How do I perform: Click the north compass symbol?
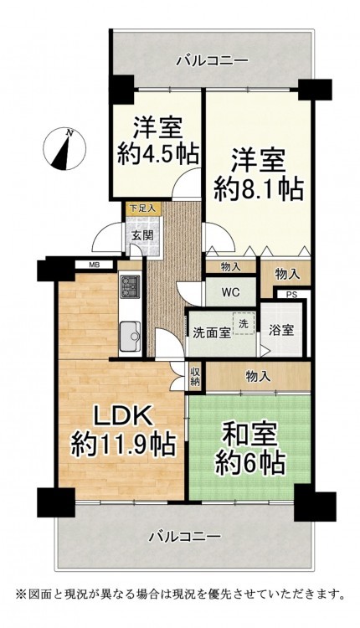point(64,149)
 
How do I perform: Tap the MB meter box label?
point(95,265)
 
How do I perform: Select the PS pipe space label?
point(291,295)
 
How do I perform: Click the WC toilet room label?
point(231,292)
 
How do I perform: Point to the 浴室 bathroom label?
point(281,331)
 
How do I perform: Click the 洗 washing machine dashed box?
point(244,323)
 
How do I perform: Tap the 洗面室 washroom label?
point(212,333)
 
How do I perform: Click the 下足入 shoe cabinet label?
point(143,208)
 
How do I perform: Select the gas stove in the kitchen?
point(130,286)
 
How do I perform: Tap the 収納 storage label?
point(195,376)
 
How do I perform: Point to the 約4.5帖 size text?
point(158,154)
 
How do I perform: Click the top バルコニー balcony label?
point(213,61)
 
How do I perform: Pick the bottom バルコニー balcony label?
point(185,536)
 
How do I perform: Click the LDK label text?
point(122,416)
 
